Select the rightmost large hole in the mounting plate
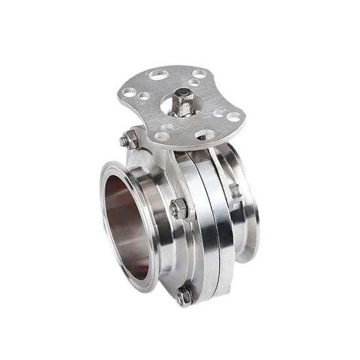[234, 117]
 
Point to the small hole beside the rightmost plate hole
[218, 113]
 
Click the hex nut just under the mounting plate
[129, 138]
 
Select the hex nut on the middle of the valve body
[178, 209]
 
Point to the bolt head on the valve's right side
[234, 191]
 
